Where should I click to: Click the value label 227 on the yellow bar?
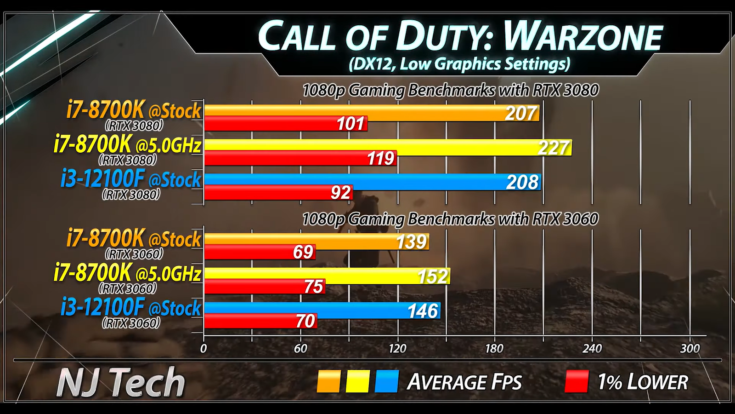(554, 148)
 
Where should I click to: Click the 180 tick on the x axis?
(494, 348)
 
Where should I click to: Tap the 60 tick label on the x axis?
(300, 348)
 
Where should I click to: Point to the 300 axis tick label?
(690, 348)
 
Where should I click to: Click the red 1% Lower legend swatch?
(577, 382)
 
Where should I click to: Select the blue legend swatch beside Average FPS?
(386, 382)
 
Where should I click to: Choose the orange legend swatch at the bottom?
(328, 382)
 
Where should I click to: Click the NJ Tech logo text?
(121, 382)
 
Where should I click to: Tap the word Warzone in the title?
(583, 37)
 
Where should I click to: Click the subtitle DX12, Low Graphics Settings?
(459, 63)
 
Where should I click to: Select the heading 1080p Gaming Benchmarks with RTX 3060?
(450, 218)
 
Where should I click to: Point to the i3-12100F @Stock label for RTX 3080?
(131, 179)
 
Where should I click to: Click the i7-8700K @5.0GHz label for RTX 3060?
(127, 274)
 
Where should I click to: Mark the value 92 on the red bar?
(340, 192)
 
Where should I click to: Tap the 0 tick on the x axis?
(204, 348)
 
